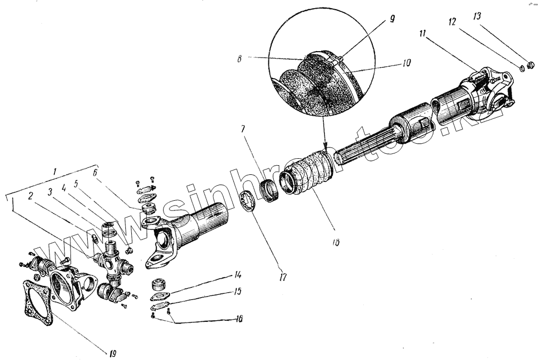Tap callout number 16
tap(237, 319)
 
